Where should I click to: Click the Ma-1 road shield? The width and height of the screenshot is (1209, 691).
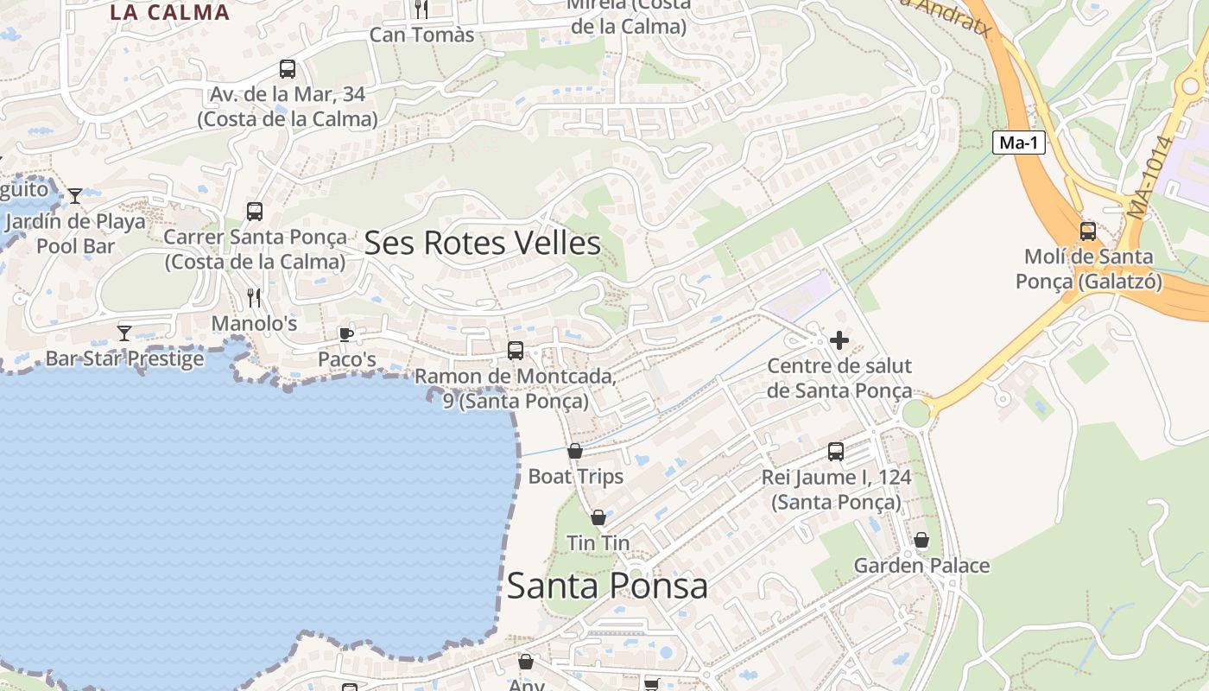1018,143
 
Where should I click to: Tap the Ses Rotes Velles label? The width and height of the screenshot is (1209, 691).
482,243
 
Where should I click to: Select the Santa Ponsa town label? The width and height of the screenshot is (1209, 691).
606,586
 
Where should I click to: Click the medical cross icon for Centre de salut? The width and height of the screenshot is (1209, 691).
839,340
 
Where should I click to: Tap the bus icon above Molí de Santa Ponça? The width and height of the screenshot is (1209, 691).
1087,231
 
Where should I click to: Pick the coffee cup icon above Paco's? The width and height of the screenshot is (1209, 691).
346,334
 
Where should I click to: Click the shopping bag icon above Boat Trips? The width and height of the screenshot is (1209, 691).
575,451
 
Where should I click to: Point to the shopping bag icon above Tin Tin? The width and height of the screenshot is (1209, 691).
598,517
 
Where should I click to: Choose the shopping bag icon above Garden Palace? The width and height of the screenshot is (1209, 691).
921,540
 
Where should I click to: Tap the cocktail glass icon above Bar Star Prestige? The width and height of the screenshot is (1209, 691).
124,333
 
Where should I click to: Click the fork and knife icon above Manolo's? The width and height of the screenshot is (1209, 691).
254,298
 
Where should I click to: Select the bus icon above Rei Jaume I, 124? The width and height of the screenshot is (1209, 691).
835,451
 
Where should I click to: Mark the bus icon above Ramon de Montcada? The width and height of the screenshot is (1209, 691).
515,351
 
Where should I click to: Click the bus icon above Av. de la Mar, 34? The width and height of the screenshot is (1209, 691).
287,69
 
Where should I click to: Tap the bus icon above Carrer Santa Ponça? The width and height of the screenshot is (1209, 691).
254,212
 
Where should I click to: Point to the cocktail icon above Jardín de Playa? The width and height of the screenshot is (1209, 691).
75,196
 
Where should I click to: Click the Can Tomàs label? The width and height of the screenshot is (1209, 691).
421,35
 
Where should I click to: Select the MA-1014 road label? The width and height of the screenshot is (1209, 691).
1151,177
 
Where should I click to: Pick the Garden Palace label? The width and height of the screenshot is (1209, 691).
921,566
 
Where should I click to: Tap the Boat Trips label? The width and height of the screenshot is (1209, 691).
575,476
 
